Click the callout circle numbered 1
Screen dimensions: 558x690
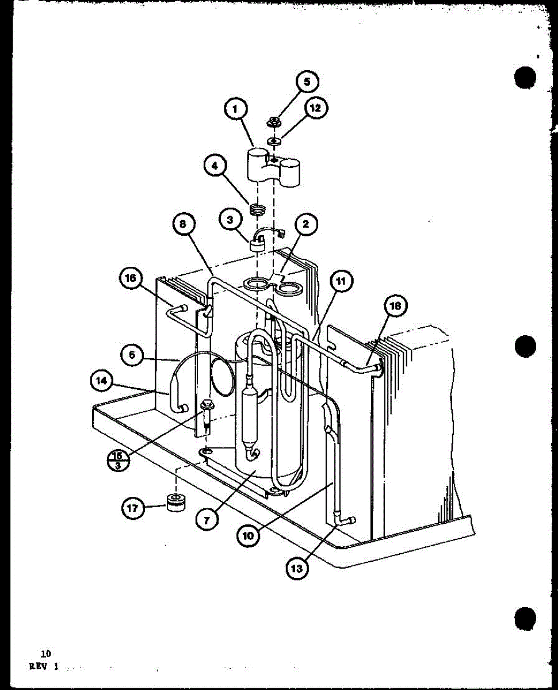coord(236,109)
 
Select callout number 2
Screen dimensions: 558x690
coord(305,224)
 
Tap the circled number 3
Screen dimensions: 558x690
coord(230,219)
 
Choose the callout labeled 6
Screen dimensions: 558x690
coord(132,355)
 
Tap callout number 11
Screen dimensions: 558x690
coord(342,281)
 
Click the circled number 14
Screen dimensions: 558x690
coord(101,380)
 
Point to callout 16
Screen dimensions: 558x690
coord(130,278)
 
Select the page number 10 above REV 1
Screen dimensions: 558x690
coord(45,653)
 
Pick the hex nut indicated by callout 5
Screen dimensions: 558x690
coord(274,121)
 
